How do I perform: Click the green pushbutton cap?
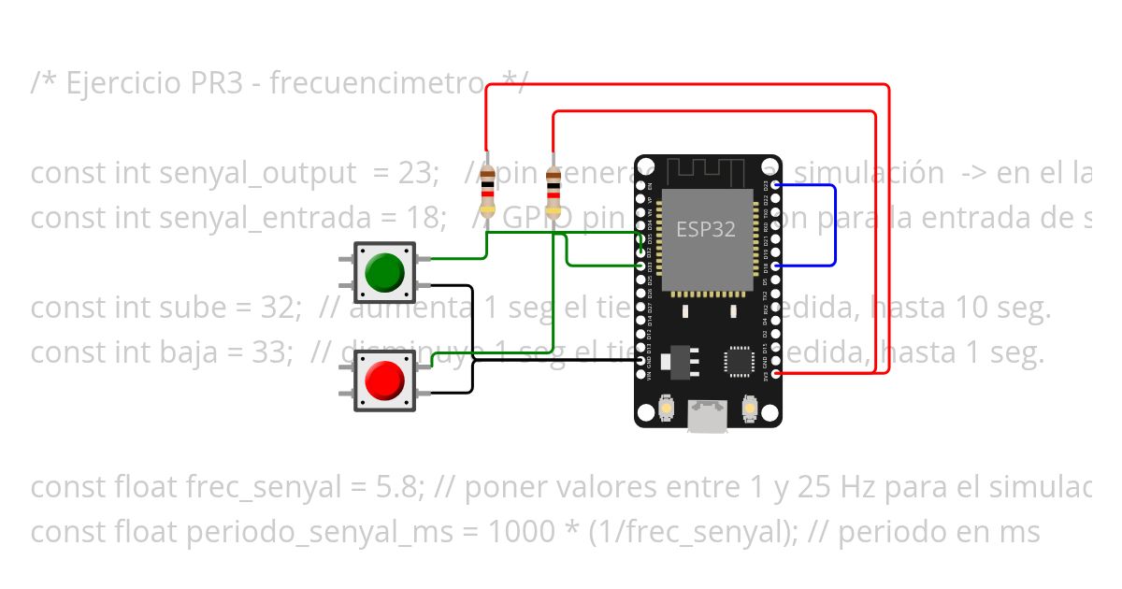click(385, 271)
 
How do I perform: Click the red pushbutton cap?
click(385, 381)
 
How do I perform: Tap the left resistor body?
click(486, 192)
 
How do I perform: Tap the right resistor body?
click(554, 192)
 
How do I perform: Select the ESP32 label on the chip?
click(706, 229)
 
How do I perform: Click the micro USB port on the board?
click(708, 414)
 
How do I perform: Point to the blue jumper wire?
click(835, 224)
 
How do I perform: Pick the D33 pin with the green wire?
click(641, 266)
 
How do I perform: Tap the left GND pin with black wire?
click(641, 360)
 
